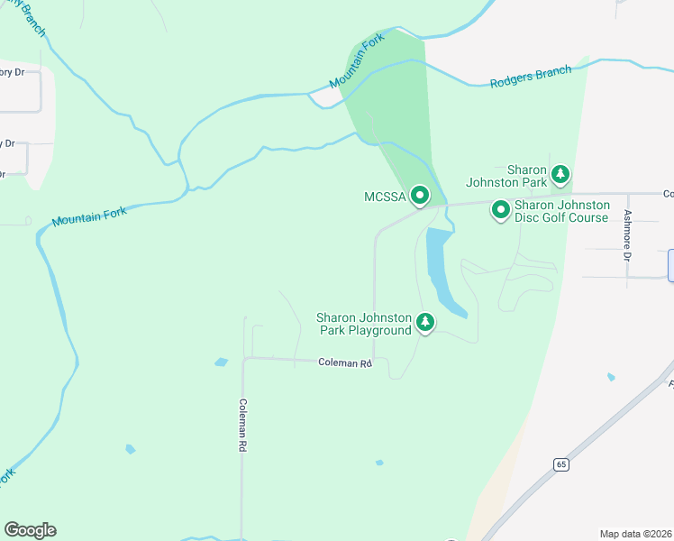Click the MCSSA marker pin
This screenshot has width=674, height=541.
point(419,195)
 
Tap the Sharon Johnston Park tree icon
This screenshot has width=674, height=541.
point(560,174)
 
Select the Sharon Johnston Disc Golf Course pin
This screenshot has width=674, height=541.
point(500,210)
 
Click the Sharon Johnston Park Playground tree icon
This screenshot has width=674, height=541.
point(424,322)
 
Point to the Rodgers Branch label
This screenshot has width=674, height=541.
point(531,77)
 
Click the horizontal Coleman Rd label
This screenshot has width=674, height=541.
point(345,362)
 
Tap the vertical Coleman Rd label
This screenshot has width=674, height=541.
point(242,431)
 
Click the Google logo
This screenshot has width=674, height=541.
point(30,529)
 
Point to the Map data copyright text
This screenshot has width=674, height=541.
point(636,534)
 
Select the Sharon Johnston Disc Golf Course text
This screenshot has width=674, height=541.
point(561,211)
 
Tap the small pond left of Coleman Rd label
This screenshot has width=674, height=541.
point(222,362)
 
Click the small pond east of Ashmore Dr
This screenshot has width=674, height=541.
point(612,377)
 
